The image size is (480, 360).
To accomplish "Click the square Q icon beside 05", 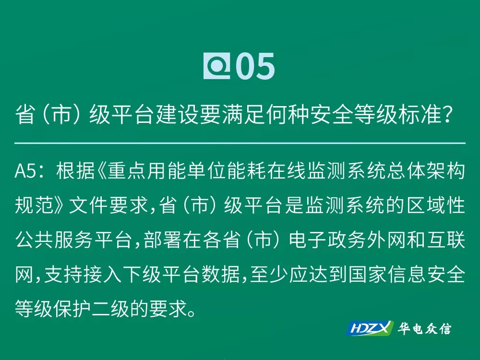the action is [217, 66].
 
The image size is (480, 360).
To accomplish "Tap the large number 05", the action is [255, 66].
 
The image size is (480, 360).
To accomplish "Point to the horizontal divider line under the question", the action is [240, 143].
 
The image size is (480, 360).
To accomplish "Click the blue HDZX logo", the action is [370, 328].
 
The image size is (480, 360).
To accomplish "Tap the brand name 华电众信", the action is [424, 328].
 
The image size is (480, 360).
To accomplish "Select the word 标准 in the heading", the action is [420, 115].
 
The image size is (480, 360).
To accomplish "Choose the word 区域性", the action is [436, 205].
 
